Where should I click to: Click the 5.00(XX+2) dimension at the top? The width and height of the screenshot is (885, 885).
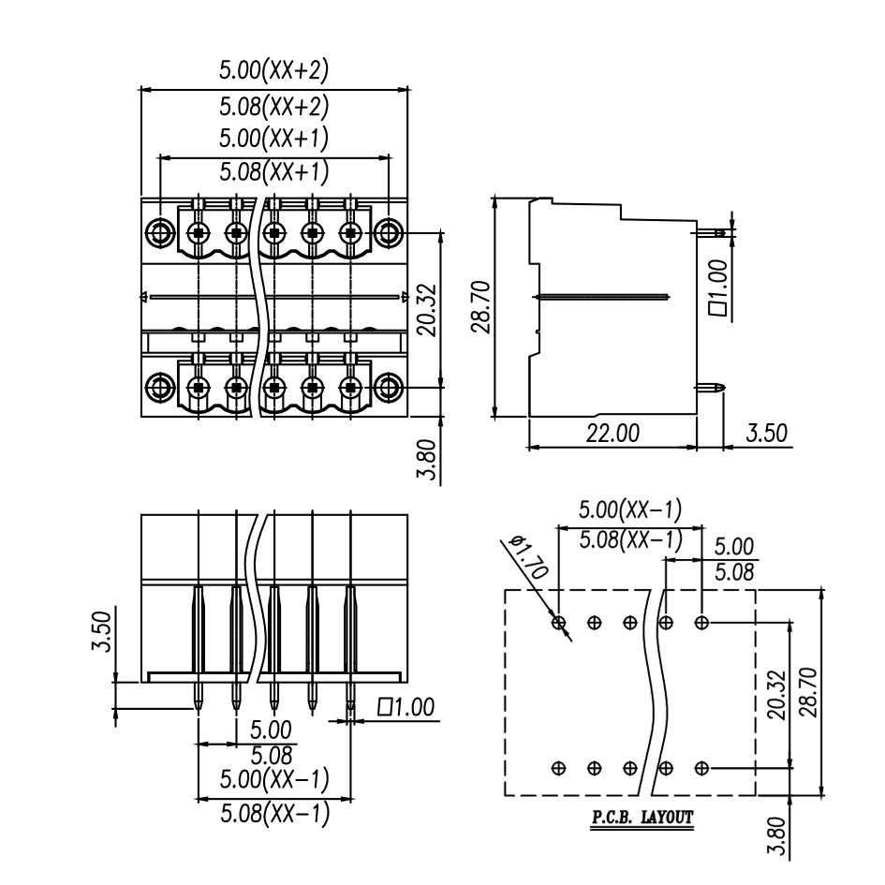[273, 70]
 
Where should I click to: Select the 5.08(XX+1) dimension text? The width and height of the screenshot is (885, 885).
[273, 171]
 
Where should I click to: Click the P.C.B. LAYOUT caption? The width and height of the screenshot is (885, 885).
[642, 818]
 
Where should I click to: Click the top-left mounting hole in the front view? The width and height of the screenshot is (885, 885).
[159, 231]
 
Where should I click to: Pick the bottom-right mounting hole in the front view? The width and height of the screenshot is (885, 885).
[390, 385]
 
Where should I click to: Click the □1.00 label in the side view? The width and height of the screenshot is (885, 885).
[718, 289]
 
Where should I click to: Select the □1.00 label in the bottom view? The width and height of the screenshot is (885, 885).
[404, 708]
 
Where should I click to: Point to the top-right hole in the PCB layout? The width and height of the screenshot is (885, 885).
[701, 622]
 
